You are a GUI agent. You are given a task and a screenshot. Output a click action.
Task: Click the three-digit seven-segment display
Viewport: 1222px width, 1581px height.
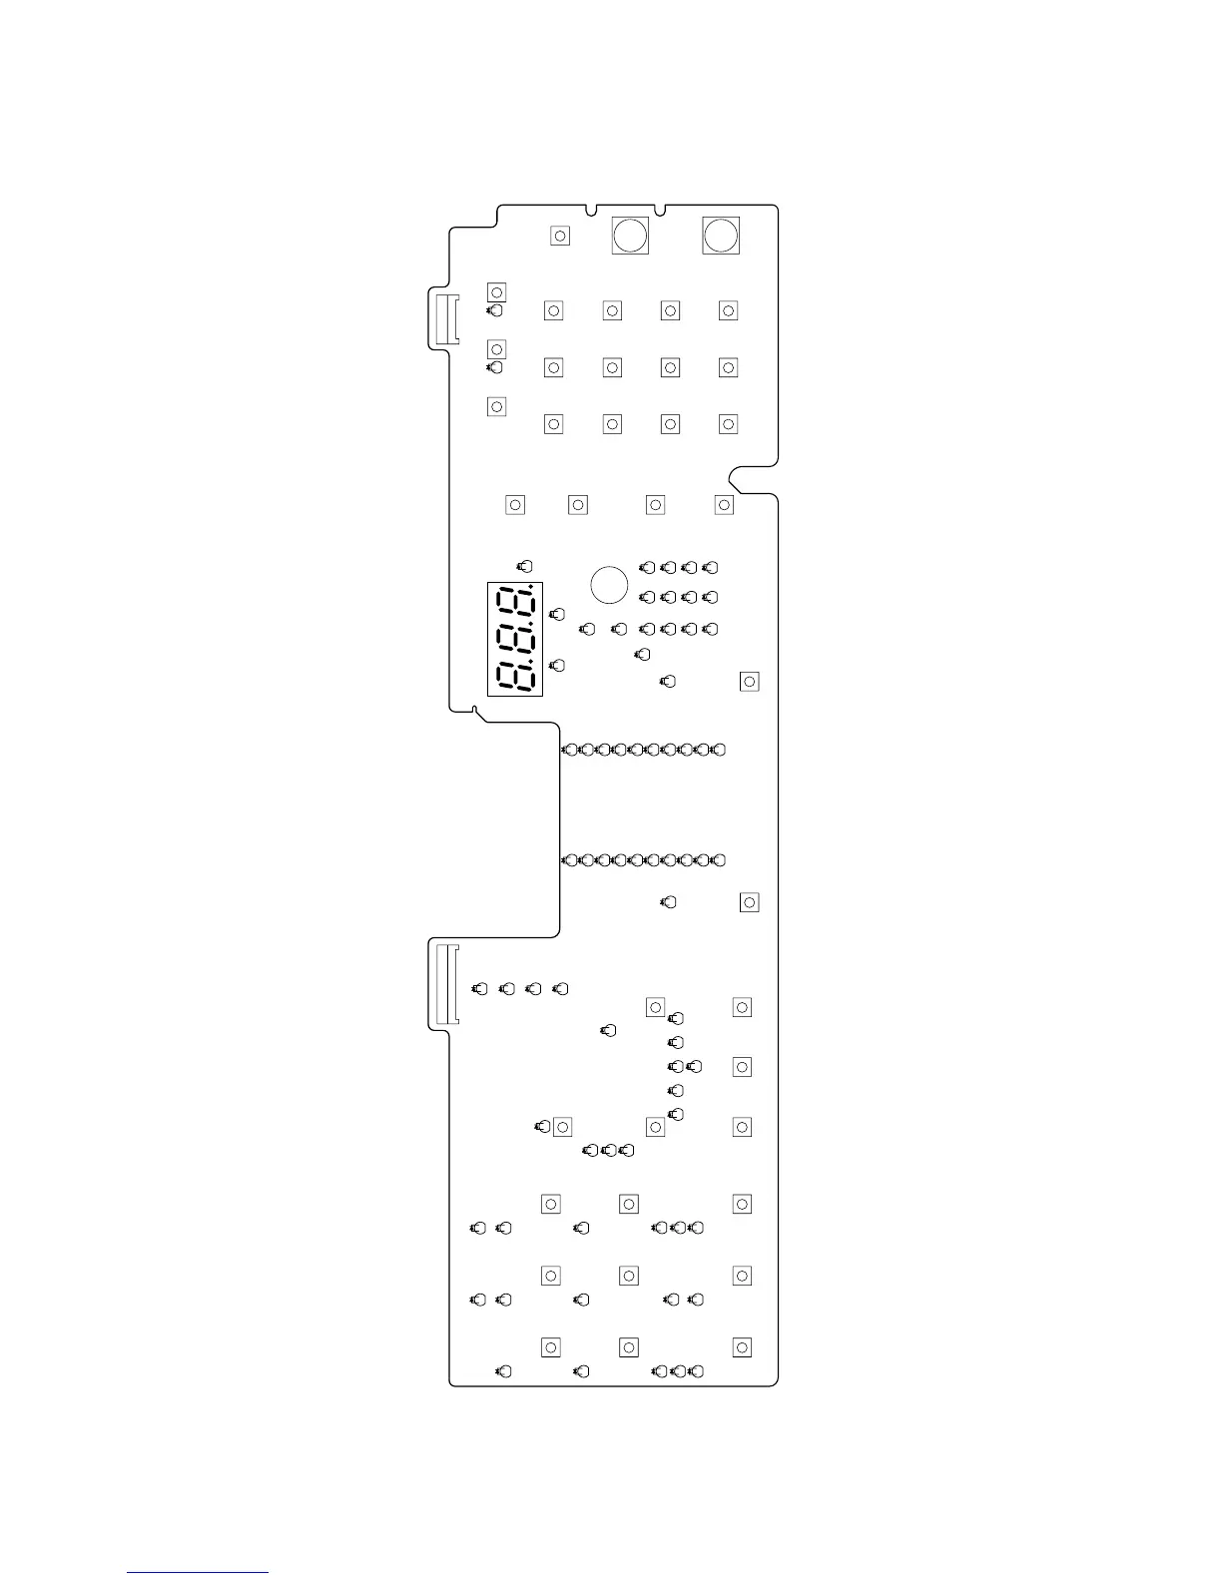pyautogui.click(x=515, y=639)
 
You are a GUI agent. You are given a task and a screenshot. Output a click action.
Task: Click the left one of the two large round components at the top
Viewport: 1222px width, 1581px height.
pyautogui.click(x=630, y=236)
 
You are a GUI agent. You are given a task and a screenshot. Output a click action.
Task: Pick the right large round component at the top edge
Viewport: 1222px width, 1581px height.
pyautogui.click(x=720, y=236)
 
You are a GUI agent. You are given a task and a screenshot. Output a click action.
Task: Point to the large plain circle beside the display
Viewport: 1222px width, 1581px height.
pyautogui.click(x=609, y=585)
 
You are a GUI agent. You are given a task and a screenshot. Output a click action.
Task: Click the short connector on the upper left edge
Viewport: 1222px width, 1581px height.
pyautogui.click(x=445, y=320)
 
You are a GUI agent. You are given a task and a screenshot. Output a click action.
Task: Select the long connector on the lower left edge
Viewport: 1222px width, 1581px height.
pyautogui.click(x=445, y=986)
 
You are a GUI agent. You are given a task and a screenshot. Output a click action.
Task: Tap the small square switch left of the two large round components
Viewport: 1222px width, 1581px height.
pyautogui.click(x=560, y=236)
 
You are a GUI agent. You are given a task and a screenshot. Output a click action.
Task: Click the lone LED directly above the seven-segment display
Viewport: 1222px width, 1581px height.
pyautogui.click(x=525, y=567)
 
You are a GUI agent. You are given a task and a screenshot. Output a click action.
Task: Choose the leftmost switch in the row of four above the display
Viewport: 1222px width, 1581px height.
pyautogui.click(x=515, y=505)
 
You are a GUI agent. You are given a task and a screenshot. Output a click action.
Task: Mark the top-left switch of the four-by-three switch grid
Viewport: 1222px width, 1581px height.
pyautogui.click(x=553, y=311)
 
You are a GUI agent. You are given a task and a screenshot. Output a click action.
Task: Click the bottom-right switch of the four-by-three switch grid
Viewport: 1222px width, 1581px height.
pyautogui.click(x=728, y=424)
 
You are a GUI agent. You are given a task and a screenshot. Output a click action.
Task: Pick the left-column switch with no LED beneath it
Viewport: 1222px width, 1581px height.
pyautogui.click(x=496, y=406)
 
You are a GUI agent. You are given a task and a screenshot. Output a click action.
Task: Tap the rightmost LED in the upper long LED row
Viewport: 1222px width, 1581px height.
pyautogui.click(x=719, y=750)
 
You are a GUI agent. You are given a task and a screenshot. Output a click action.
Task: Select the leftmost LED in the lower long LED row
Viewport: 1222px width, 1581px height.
pyautogui.click(x=570, y=860)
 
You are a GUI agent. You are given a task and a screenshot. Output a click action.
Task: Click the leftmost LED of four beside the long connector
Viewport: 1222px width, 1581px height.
pyautogui.click(x=480, y=989)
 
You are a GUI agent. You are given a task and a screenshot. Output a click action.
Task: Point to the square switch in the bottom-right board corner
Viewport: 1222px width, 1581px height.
pyautogui.click(x=742, y=1347)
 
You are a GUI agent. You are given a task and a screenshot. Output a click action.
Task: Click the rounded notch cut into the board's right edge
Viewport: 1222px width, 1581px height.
pyautogui.click(x=749, y=480)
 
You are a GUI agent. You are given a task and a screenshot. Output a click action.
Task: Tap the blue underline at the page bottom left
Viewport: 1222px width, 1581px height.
pyautogui.click(x=198, y=1572)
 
